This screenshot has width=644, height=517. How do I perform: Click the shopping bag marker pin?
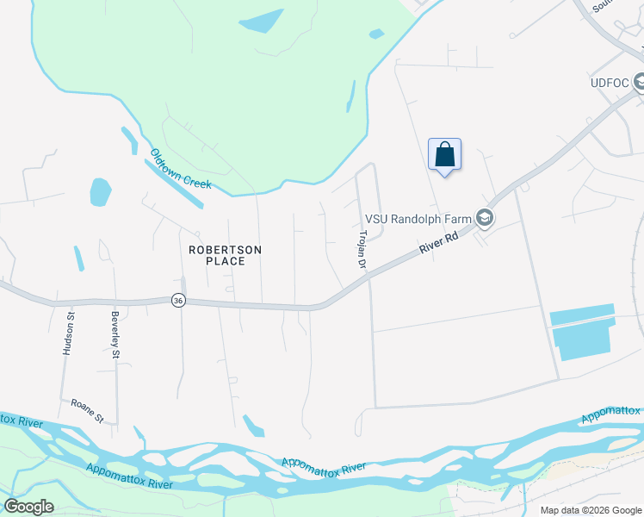pyautogui.click(x=444, y=155)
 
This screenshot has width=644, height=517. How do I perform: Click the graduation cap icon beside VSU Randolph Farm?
pyautogui.click(x=484, y=219)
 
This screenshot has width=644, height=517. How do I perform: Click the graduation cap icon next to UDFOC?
pyautogui.click(x=639, y=84)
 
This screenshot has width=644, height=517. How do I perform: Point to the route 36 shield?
pyautogui.click(x=178, y=300)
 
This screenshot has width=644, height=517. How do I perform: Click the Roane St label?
pyautogui.click(x=87, y=410)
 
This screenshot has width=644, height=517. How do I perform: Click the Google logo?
pyautogui.click(x=28, y=507)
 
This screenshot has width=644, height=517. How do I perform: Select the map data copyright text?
pyautogui.click(x=591, y=510)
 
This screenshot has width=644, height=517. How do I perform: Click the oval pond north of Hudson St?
pyautogui.click(x=100, y=191)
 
